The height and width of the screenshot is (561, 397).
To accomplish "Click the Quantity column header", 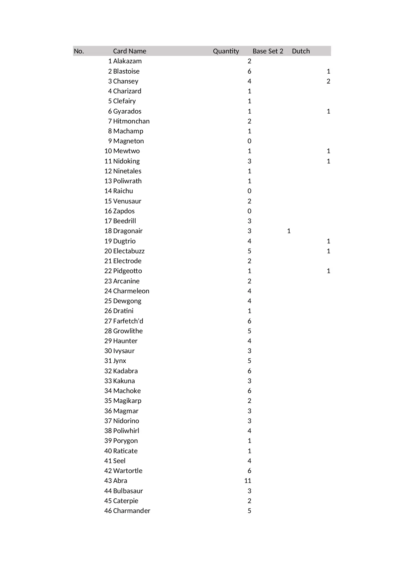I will point(226,51).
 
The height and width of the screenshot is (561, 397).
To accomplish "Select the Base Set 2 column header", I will point(268,51).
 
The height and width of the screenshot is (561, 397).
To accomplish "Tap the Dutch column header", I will point(301,51).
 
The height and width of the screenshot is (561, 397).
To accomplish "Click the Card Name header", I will point(130,51).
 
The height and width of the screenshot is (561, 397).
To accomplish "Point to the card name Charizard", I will point(127,91).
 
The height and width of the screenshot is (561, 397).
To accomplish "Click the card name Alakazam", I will point(127,61).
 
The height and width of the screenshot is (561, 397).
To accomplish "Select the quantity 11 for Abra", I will point(248,481).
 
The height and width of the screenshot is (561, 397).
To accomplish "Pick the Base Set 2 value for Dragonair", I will point(289,231).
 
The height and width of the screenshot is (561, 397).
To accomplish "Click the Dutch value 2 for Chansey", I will point(328,81).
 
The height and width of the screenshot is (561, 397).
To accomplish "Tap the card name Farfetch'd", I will point(128,321).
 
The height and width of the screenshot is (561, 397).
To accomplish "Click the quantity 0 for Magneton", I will point(249,141).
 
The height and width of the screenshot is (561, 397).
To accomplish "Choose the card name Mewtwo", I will point(126,151).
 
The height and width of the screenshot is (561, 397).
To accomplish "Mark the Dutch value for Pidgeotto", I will point(328,271).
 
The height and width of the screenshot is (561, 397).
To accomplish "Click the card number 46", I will point(108,511).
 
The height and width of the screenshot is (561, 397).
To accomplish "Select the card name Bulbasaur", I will point(128,491).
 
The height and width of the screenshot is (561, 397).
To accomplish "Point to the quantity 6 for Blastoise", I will point(249,71).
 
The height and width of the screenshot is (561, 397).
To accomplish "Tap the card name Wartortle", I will point(128,471).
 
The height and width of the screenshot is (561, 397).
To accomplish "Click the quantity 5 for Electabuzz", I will point(249,251).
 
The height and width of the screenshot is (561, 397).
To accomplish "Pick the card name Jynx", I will point(120,361).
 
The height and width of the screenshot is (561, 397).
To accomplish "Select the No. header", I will point(79,51).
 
